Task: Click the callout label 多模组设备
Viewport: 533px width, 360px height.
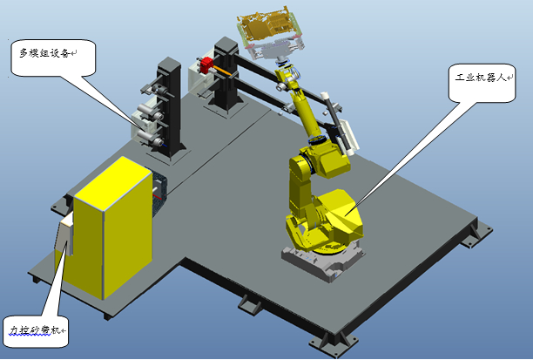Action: point(44,53)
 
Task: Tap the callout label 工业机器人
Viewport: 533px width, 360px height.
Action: point(481,78)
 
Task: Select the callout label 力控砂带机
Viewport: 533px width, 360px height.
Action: point(34,330)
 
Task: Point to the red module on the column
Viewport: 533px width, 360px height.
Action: point(206,65)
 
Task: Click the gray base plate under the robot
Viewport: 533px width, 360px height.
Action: point(323,262)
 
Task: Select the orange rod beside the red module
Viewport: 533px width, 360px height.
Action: point(223,71)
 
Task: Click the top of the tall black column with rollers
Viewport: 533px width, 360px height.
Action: point(169,64)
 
